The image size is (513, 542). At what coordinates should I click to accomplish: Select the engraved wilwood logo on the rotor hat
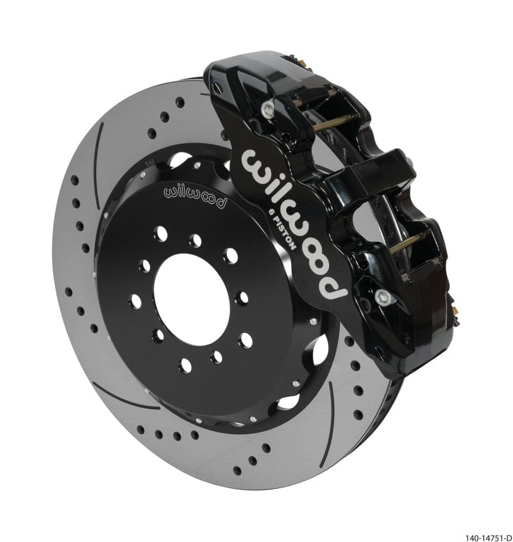pos(196,195)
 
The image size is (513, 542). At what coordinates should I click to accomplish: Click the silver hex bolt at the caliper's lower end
pos(383,296)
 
